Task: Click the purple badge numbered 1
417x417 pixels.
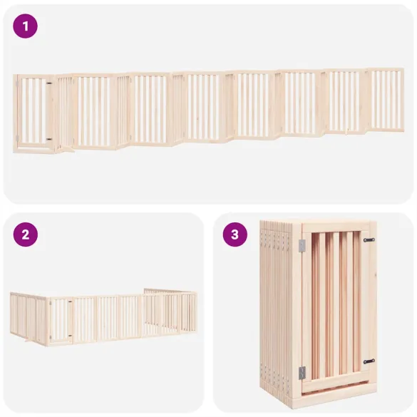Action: (25, 26)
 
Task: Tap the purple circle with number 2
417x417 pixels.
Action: (25, 235)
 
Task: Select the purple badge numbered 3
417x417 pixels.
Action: (235, 235)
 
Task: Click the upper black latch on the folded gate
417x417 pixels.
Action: (369, 240)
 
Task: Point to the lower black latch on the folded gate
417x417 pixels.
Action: (369, 361)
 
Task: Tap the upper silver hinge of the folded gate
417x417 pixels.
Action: (302, 245)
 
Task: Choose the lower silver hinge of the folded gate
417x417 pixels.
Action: (302, 373)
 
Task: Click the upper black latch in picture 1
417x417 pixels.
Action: (49, 83)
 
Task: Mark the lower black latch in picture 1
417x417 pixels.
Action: (49, 139)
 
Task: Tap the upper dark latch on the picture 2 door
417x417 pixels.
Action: (70, 302)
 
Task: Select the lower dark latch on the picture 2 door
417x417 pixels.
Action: (70, 336)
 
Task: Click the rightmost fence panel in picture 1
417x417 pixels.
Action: (386, 100)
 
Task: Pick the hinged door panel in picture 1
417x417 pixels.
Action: (34, 113)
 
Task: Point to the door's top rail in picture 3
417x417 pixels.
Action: (336, 227)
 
